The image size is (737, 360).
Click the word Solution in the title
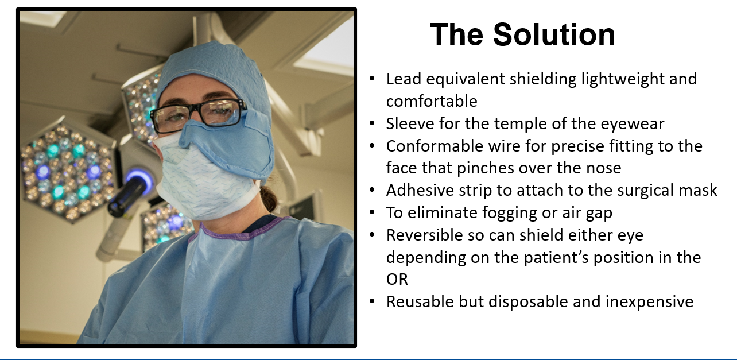coord(554,34)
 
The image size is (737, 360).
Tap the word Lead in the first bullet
coord(404,79)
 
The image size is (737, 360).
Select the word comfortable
coord(432,101)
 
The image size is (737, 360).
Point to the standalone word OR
coord(397,280)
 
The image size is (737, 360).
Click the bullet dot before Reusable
coord(372,301)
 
